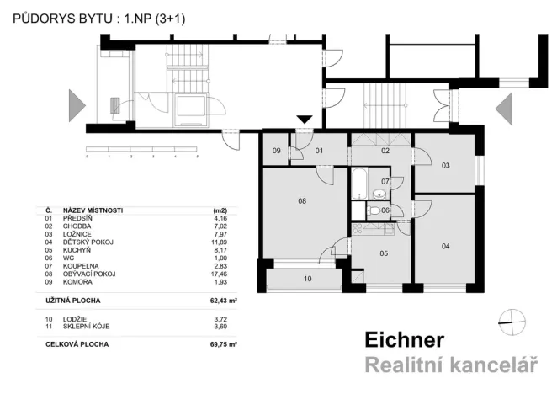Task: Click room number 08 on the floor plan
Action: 300,201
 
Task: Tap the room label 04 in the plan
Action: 445,246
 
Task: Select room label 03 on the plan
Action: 445,165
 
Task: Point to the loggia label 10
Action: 307,278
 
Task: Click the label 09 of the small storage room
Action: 276,152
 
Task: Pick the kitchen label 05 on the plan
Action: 383,253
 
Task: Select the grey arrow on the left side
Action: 77,107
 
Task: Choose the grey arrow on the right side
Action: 504,107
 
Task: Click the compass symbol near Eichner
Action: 510,318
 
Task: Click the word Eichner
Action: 404,339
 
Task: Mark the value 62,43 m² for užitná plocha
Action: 224,299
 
